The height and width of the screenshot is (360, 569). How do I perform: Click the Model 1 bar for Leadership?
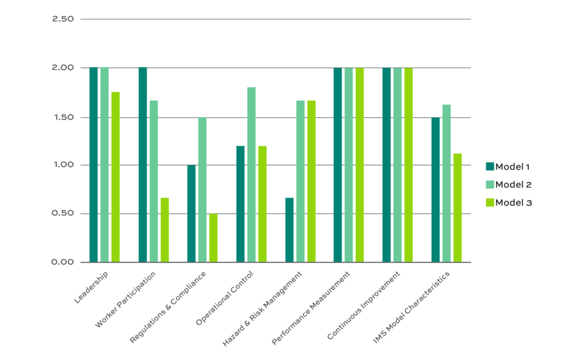click(93, 164)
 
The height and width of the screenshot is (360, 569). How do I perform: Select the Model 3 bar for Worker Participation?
click(164, 230)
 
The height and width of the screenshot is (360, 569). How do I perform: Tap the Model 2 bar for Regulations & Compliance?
click(202, 189)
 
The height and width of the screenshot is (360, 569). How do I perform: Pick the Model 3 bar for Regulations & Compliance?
click(213, 238)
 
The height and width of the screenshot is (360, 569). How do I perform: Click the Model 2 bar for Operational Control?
click(251, 174)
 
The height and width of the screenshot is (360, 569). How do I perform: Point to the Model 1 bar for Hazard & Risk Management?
click(289, 230)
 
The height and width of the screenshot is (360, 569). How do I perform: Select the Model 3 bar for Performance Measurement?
click(360, 164)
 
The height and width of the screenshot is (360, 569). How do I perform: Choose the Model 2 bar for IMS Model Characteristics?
click(446, 183)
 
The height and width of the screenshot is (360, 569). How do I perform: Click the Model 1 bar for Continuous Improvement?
click(386, 164)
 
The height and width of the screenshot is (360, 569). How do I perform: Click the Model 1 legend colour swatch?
click(490, 166)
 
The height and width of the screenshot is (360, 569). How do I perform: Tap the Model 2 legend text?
click(513, 184)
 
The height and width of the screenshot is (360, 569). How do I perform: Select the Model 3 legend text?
click(513, 203)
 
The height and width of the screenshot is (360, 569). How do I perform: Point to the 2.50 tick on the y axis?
click(63, 19)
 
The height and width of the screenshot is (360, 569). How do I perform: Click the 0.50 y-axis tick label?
click(63, 214)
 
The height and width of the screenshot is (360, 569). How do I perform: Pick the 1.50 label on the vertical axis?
click(63, 117)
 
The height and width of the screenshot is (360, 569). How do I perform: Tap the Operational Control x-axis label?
click(224, 298)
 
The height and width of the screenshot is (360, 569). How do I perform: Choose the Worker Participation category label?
click(126, 299)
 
